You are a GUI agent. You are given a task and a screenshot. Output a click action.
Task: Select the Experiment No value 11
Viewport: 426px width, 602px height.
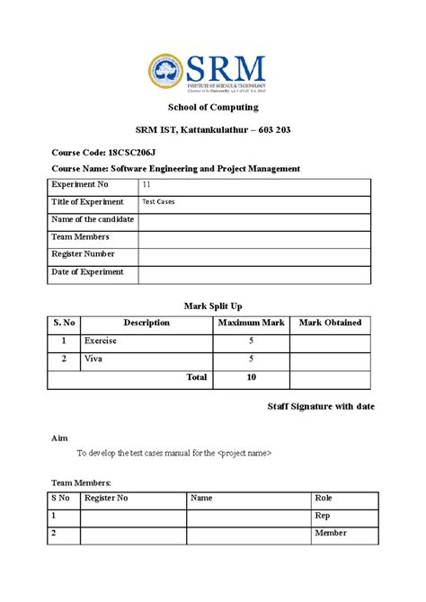(147, 185)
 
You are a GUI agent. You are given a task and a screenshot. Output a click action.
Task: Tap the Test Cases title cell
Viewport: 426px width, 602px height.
(158, 202)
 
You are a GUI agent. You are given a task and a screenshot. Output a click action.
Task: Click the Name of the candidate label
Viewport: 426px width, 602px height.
(93, 219)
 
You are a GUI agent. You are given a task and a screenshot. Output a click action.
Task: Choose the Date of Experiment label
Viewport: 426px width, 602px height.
(88, 271)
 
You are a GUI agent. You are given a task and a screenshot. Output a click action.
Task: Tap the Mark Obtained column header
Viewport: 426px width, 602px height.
(330, 323)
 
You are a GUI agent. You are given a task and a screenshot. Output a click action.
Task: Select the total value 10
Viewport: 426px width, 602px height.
(251, 378)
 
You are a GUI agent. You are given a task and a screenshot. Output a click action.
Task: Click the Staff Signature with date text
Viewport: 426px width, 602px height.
(321, 407)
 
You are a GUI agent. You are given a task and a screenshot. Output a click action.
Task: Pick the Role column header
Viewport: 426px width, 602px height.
(324, 498)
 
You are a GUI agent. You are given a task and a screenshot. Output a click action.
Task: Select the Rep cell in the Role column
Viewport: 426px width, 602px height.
(323, 516)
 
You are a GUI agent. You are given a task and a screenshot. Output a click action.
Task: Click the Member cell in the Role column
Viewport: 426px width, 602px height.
(330, 534)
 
